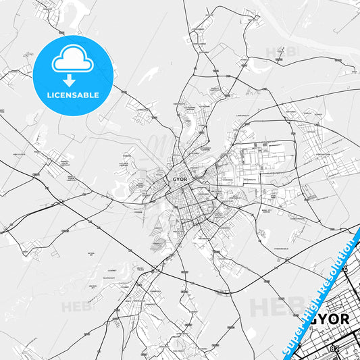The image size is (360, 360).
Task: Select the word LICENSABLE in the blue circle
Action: click(72, 95)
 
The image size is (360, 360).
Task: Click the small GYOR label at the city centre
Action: click(180, 180)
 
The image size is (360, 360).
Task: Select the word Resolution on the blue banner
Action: click(342, 260)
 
